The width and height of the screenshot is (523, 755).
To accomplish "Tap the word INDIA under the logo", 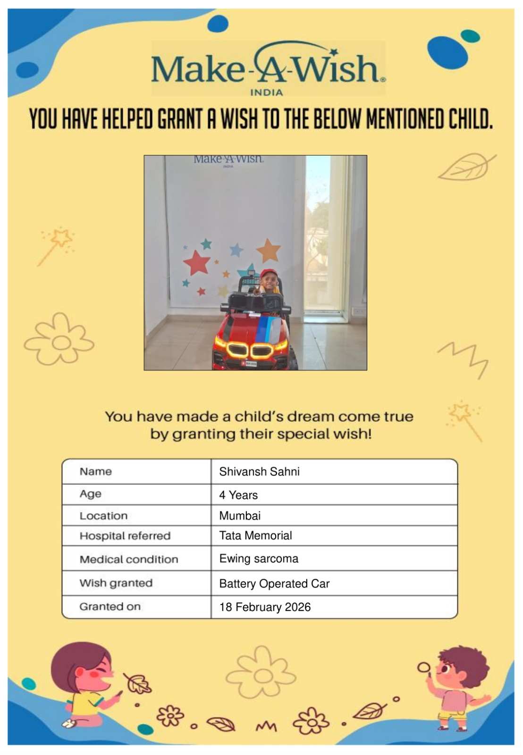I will [266, 92].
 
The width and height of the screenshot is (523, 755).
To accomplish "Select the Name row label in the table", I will [96, 471].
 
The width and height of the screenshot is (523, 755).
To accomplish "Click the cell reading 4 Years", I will [238, 495].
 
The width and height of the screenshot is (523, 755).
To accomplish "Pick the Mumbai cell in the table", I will [240, 516].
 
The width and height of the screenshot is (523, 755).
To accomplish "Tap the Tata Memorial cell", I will [255, 536].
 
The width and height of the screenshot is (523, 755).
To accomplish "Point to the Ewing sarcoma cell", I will [259, 559].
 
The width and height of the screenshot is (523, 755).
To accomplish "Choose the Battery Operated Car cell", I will [274, 584].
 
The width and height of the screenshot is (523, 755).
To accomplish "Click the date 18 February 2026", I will [265, 607].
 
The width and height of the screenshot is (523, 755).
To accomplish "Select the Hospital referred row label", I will [125, 536].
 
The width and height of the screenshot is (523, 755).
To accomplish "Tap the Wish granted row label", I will [116, 583].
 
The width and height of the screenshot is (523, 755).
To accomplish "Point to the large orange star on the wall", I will [269, 250].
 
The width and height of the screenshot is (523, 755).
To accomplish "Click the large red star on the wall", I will [197, 262].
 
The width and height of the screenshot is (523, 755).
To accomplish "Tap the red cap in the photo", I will [269, 273].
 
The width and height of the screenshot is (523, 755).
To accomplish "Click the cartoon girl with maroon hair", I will [85, 679].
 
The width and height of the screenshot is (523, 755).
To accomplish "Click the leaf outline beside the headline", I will [466, 168].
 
